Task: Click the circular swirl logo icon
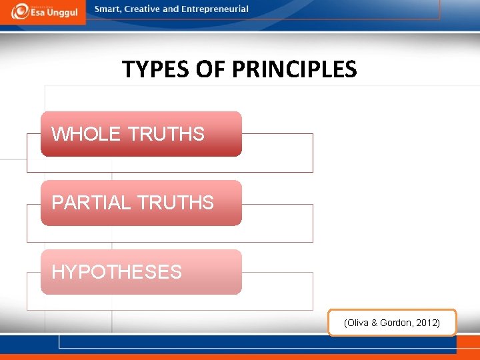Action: pos(20,11)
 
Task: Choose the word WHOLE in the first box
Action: pos(86,134)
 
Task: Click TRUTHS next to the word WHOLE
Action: pos(166,134)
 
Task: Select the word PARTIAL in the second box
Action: pos(91,203)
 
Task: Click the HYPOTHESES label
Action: pos(117,272)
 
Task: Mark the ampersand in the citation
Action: pos(375,323)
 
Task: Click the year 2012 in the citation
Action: pos(426,323)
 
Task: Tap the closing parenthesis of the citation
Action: pos(438,323)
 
